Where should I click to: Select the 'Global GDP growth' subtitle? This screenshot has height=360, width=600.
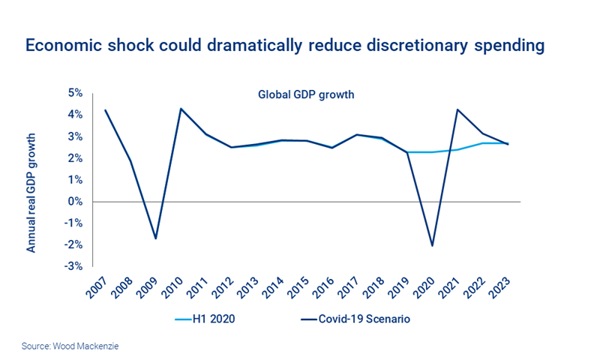(x=305, y=95)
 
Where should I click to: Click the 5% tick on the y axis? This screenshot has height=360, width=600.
(x=75, y=93)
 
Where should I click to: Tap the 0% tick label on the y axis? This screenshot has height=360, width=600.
(x=75, y=202)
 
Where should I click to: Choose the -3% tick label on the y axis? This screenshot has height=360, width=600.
(x=73, y=267)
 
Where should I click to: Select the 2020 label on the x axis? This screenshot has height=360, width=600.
(x=428, y=287)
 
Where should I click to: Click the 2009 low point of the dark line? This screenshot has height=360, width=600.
(x=156, y=238)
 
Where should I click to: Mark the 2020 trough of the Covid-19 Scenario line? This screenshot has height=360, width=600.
(x=433, y=245)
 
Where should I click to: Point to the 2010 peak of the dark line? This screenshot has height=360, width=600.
(x=181, y=109)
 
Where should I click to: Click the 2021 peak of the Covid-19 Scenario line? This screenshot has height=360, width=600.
(x=457, y=109)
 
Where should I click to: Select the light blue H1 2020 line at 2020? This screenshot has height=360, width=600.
(x=433, y=152)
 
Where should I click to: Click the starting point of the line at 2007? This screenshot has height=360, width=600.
(x=106, y=110)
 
